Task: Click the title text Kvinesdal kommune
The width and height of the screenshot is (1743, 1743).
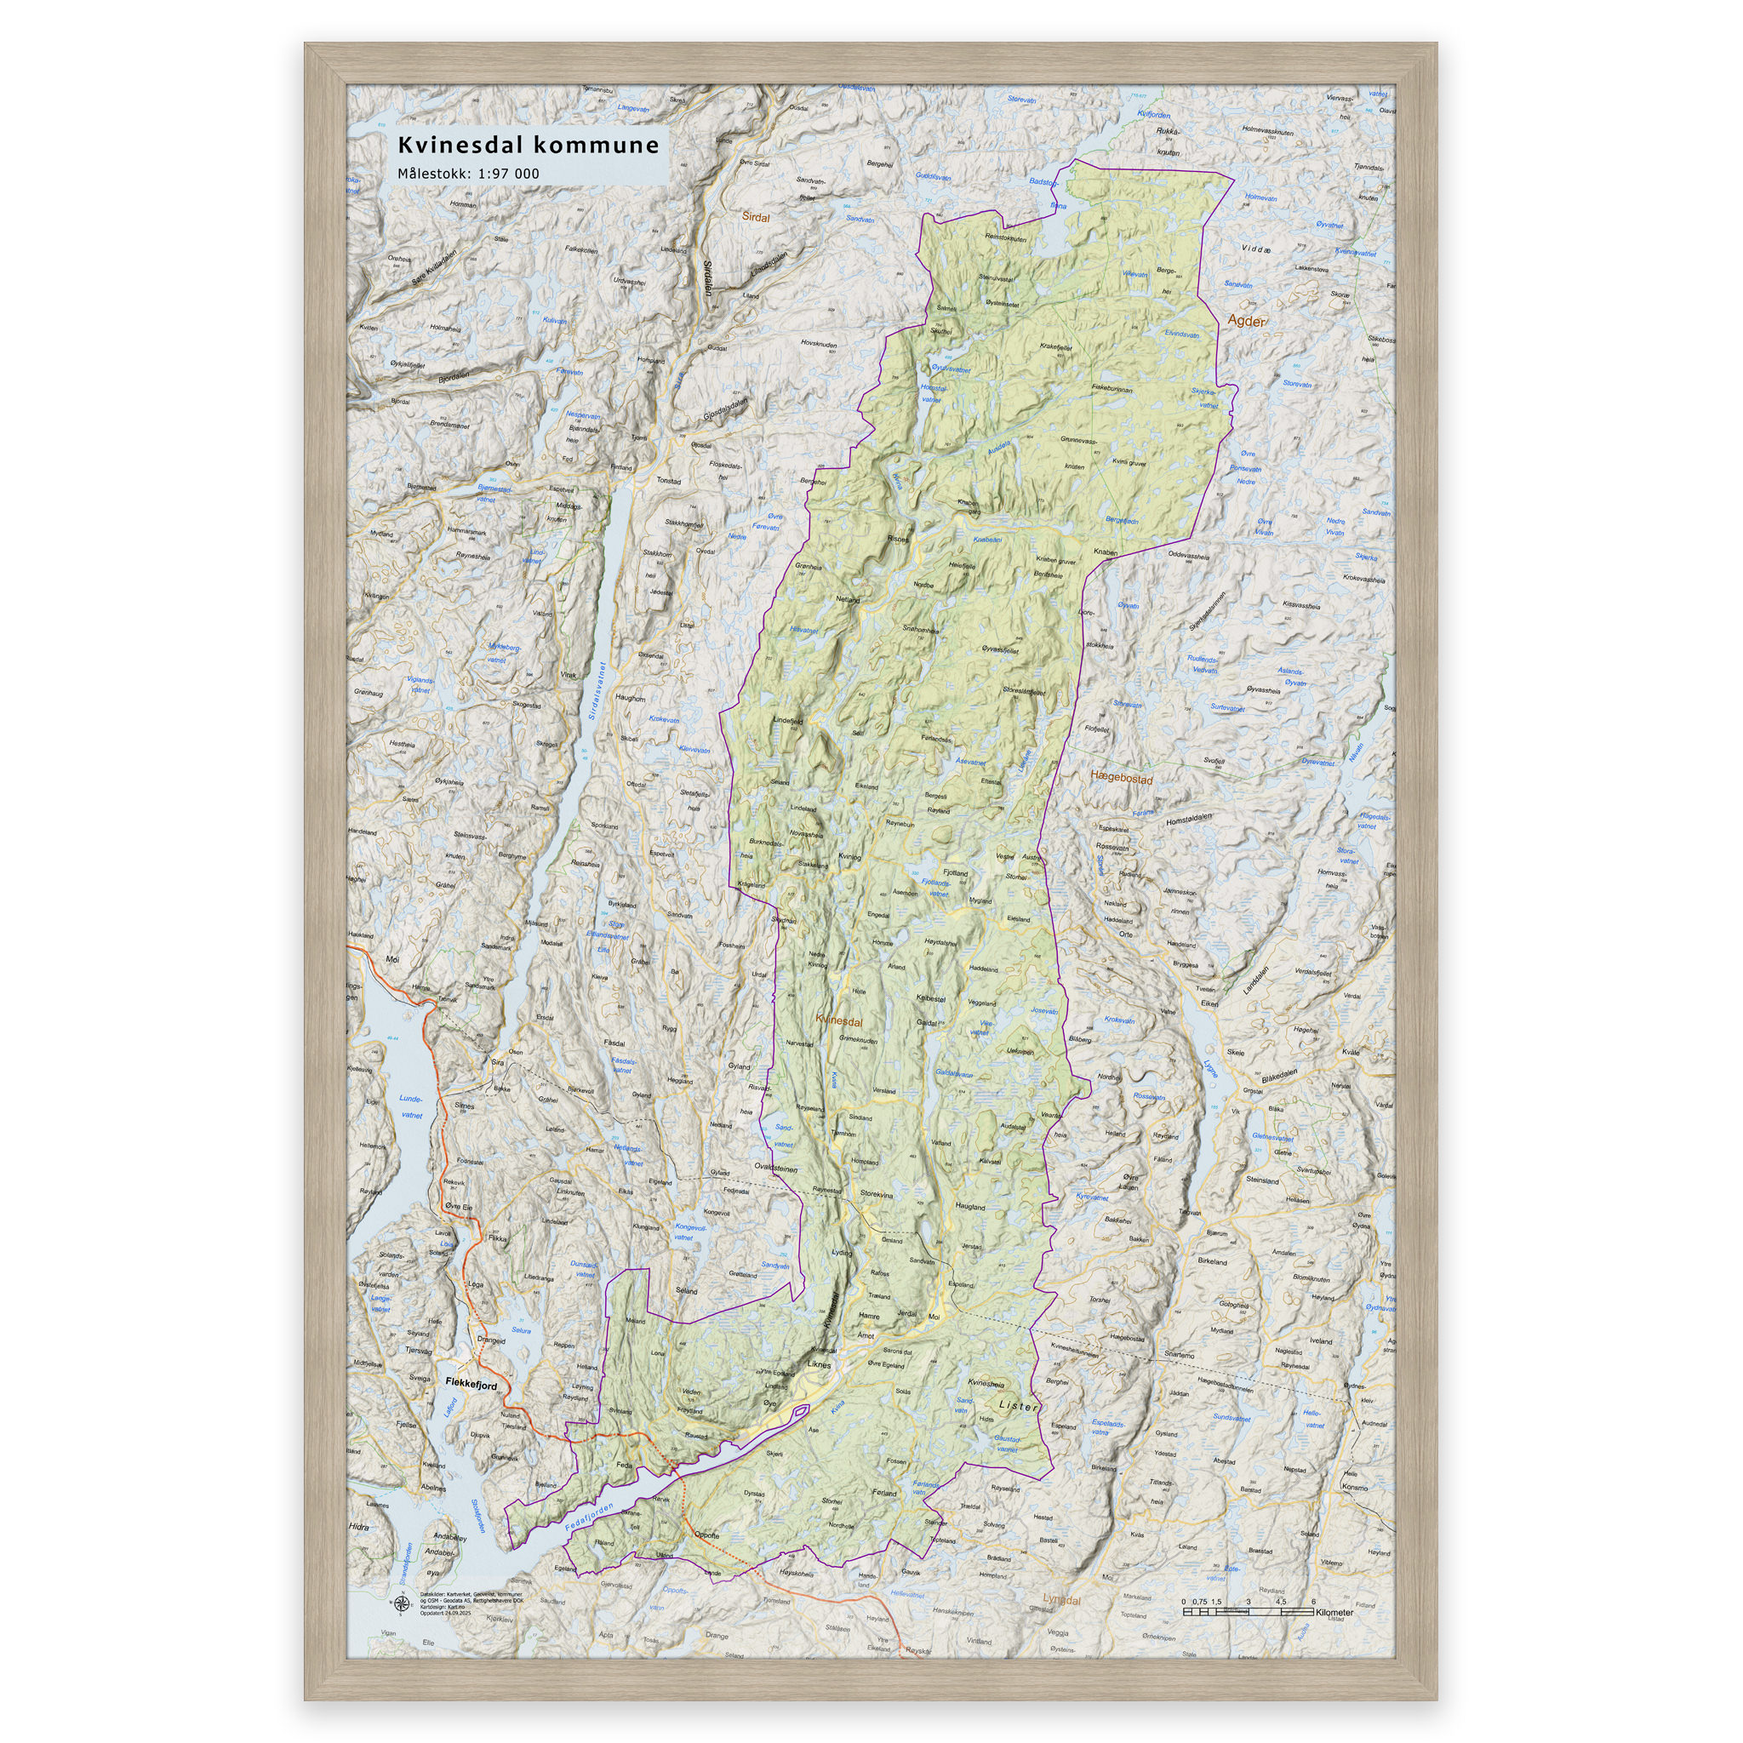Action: (x=529, y=146)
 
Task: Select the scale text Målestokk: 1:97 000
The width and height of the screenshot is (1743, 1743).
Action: (x=468, y=174)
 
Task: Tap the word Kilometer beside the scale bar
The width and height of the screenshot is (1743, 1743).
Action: (x=1334, y=1611)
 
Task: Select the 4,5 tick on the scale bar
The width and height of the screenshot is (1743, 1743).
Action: (x=1281, y=1602)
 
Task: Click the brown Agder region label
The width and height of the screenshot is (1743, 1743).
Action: (x=1246, y=321)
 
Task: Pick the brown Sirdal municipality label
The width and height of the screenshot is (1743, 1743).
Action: (x=756, y=217)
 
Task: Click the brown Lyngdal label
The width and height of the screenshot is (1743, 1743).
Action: (x=1061, y=1599)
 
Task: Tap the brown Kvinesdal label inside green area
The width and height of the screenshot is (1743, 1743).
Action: (x=839, y=1022)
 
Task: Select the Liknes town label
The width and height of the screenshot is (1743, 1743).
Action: (x=820, y=1365)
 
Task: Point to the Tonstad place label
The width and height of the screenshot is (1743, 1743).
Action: (x=668, y=481)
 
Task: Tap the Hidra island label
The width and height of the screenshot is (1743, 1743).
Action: (x=358, y=1528)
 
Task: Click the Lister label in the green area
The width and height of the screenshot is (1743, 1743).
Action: (x=1019, y=1407)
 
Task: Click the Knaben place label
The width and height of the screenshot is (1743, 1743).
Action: (x=1106, y=552)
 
